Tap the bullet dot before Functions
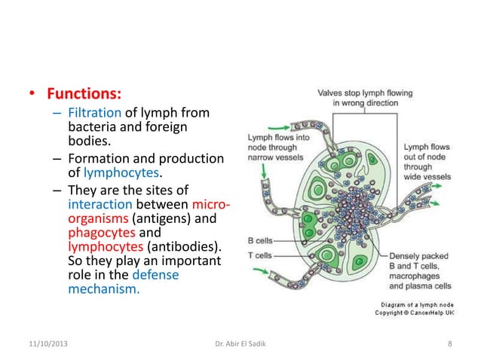(x=32, y=96)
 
